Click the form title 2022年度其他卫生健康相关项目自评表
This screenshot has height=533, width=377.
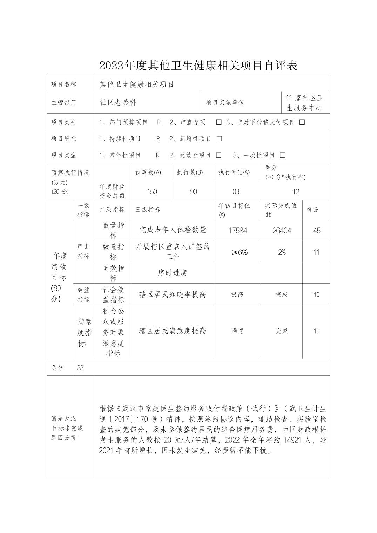(x=198, y=66)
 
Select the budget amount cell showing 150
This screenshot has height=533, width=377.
(x=152, y=192)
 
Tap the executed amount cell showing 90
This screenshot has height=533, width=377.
(x=193, y=192)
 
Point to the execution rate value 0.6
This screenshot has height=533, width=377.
(x=237, y=192)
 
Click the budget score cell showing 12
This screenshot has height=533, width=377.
(x=296, y=192)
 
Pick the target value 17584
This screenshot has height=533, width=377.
(x=237, y=231)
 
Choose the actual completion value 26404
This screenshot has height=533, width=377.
(x=282, y=231)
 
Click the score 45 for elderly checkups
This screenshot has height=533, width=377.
(x=316, y=231)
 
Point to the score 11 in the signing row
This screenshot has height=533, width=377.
(x=316, y=252)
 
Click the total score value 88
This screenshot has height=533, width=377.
(x=80, y=368)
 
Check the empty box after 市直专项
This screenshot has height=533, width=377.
(x=219, y=122)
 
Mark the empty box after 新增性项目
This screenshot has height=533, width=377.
(x=220, y=139)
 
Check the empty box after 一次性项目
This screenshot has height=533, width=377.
(x=283, y=155)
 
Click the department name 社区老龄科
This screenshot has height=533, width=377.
(x=118, y=102)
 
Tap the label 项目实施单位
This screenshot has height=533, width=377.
(x=225, y=102)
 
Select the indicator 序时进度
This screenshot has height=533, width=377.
(x=172, y=273)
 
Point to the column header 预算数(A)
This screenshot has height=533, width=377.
(x=148, y=172)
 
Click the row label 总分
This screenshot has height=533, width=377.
(x=57, y=368)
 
